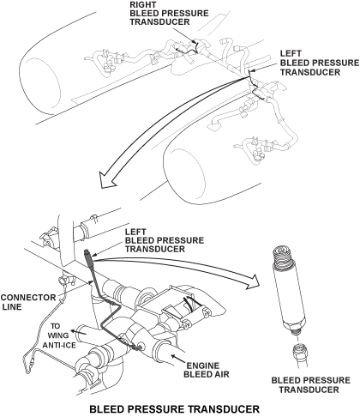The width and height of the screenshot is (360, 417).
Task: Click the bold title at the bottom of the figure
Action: (x=175, y=408)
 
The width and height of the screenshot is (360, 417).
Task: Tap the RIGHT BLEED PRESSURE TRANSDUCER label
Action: (x=169, y=13)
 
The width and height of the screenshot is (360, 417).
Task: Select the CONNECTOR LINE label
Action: (x=28, y=302)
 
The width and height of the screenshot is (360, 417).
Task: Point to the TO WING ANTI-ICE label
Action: (x=59, y=335)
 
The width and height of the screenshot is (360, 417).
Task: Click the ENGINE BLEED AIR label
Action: (x=207, y=370)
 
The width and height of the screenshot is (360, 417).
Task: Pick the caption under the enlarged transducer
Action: (x=310, y=385)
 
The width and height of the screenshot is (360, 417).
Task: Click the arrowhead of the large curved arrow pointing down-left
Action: (x=105, y=180)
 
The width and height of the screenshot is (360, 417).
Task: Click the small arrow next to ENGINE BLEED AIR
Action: (x=178, y=358)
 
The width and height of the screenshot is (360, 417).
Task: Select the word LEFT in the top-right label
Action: (x=291, y=54)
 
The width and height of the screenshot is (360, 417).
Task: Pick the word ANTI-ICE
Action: (x=59, y=345)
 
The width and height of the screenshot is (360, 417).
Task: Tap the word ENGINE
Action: (x=203, y=366)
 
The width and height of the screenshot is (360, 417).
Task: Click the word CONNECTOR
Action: (x=28, y=298)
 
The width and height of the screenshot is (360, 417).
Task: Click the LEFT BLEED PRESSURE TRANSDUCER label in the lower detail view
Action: (x=165, y=240)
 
